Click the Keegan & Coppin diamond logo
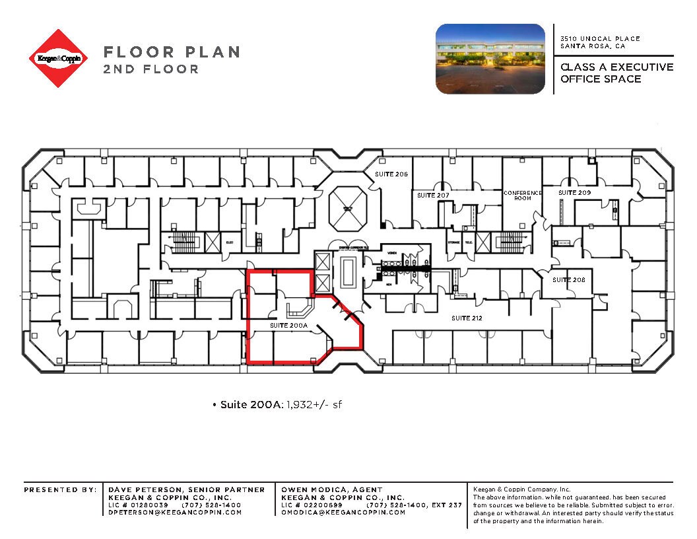(59, 58)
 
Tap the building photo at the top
(490, 58)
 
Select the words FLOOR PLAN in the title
(172, 52)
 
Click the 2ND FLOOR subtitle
(150, 69)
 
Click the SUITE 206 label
(392, 174)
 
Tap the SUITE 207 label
(433, 196)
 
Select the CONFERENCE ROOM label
(523, 196)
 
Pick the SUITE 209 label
(574, 192)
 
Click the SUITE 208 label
(569, 279)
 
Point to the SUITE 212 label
(467, 318)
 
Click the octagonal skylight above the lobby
(346, 208)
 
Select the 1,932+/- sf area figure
(314, 404)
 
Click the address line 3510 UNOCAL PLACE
(600, 39)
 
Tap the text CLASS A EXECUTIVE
(616, 67)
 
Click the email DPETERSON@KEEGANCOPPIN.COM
(175, 513)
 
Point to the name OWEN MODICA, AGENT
(332, 489)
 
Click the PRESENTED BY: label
(59, 489)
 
